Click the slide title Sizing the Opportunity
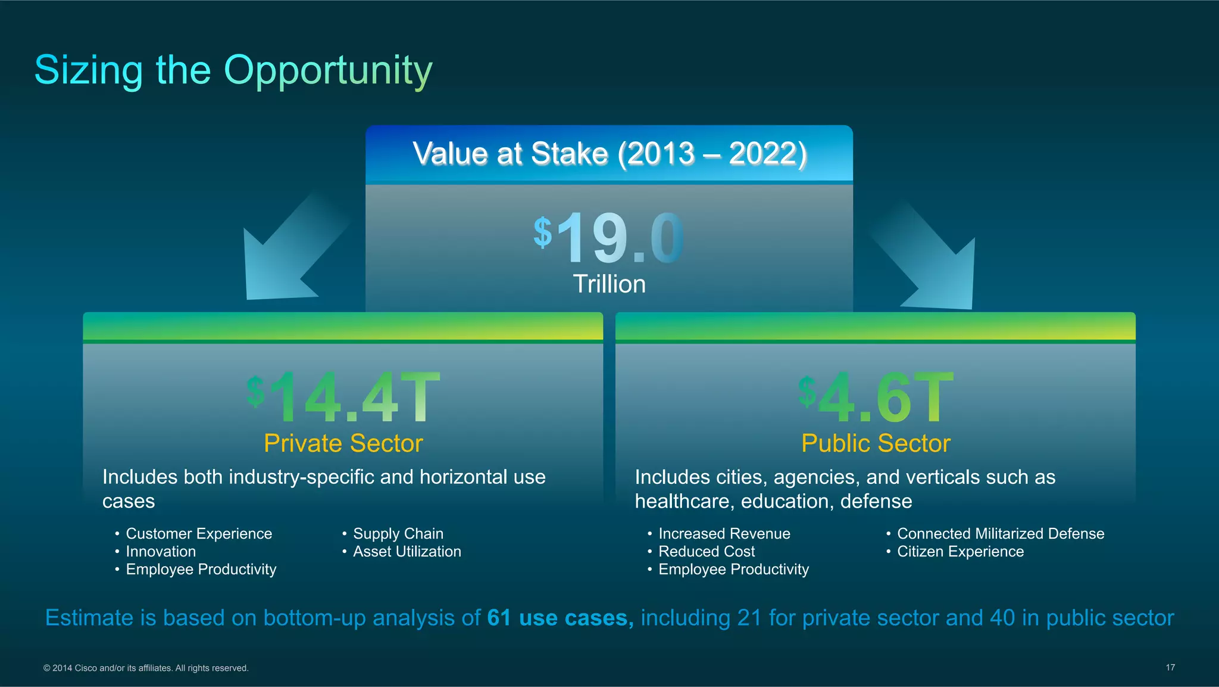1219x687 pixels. (x=233, y=70)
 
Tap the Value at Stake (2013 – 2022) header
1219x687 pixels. (x=609, y=154)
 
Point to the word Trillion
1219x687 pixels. (x=609, y=284)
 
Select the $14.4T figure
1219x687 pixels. (x=343, y=397)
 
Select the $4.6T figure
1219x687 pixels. (x=876, y=397)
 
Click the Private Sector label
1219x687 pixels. (x=343, y=443)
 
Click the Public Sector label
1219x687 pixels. (x=876, y=443)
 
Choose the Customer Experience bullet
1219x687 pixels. (x=199, y=534)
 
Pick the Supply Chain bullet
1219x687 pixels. (x=398, y=534)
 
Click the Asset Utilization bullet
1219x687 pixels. (x=407, y=552)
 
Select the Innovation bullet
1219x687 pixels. (x=161, y=552)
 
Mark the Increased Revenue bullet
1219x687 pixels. (x=724, y=534)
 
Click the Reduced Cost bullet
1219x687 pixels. (x=707, y=552)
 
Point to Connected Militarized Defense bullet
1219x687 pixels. (x=1000, y=534)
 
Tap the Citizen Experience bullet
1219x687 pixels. (x=960, y=552)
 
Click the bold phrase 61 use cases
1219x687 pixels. (x=560, y=618)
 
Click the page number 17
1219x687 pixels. (x=1170, y=667)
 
